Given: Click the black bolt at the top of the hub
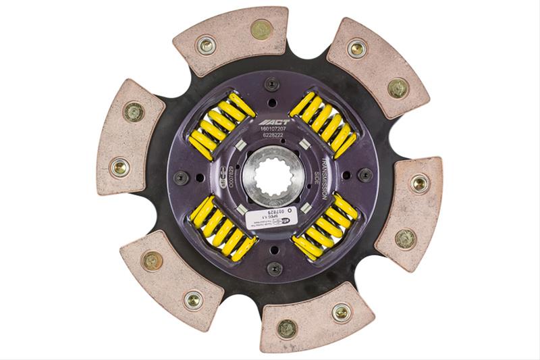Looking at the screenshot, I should [271, 84].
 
